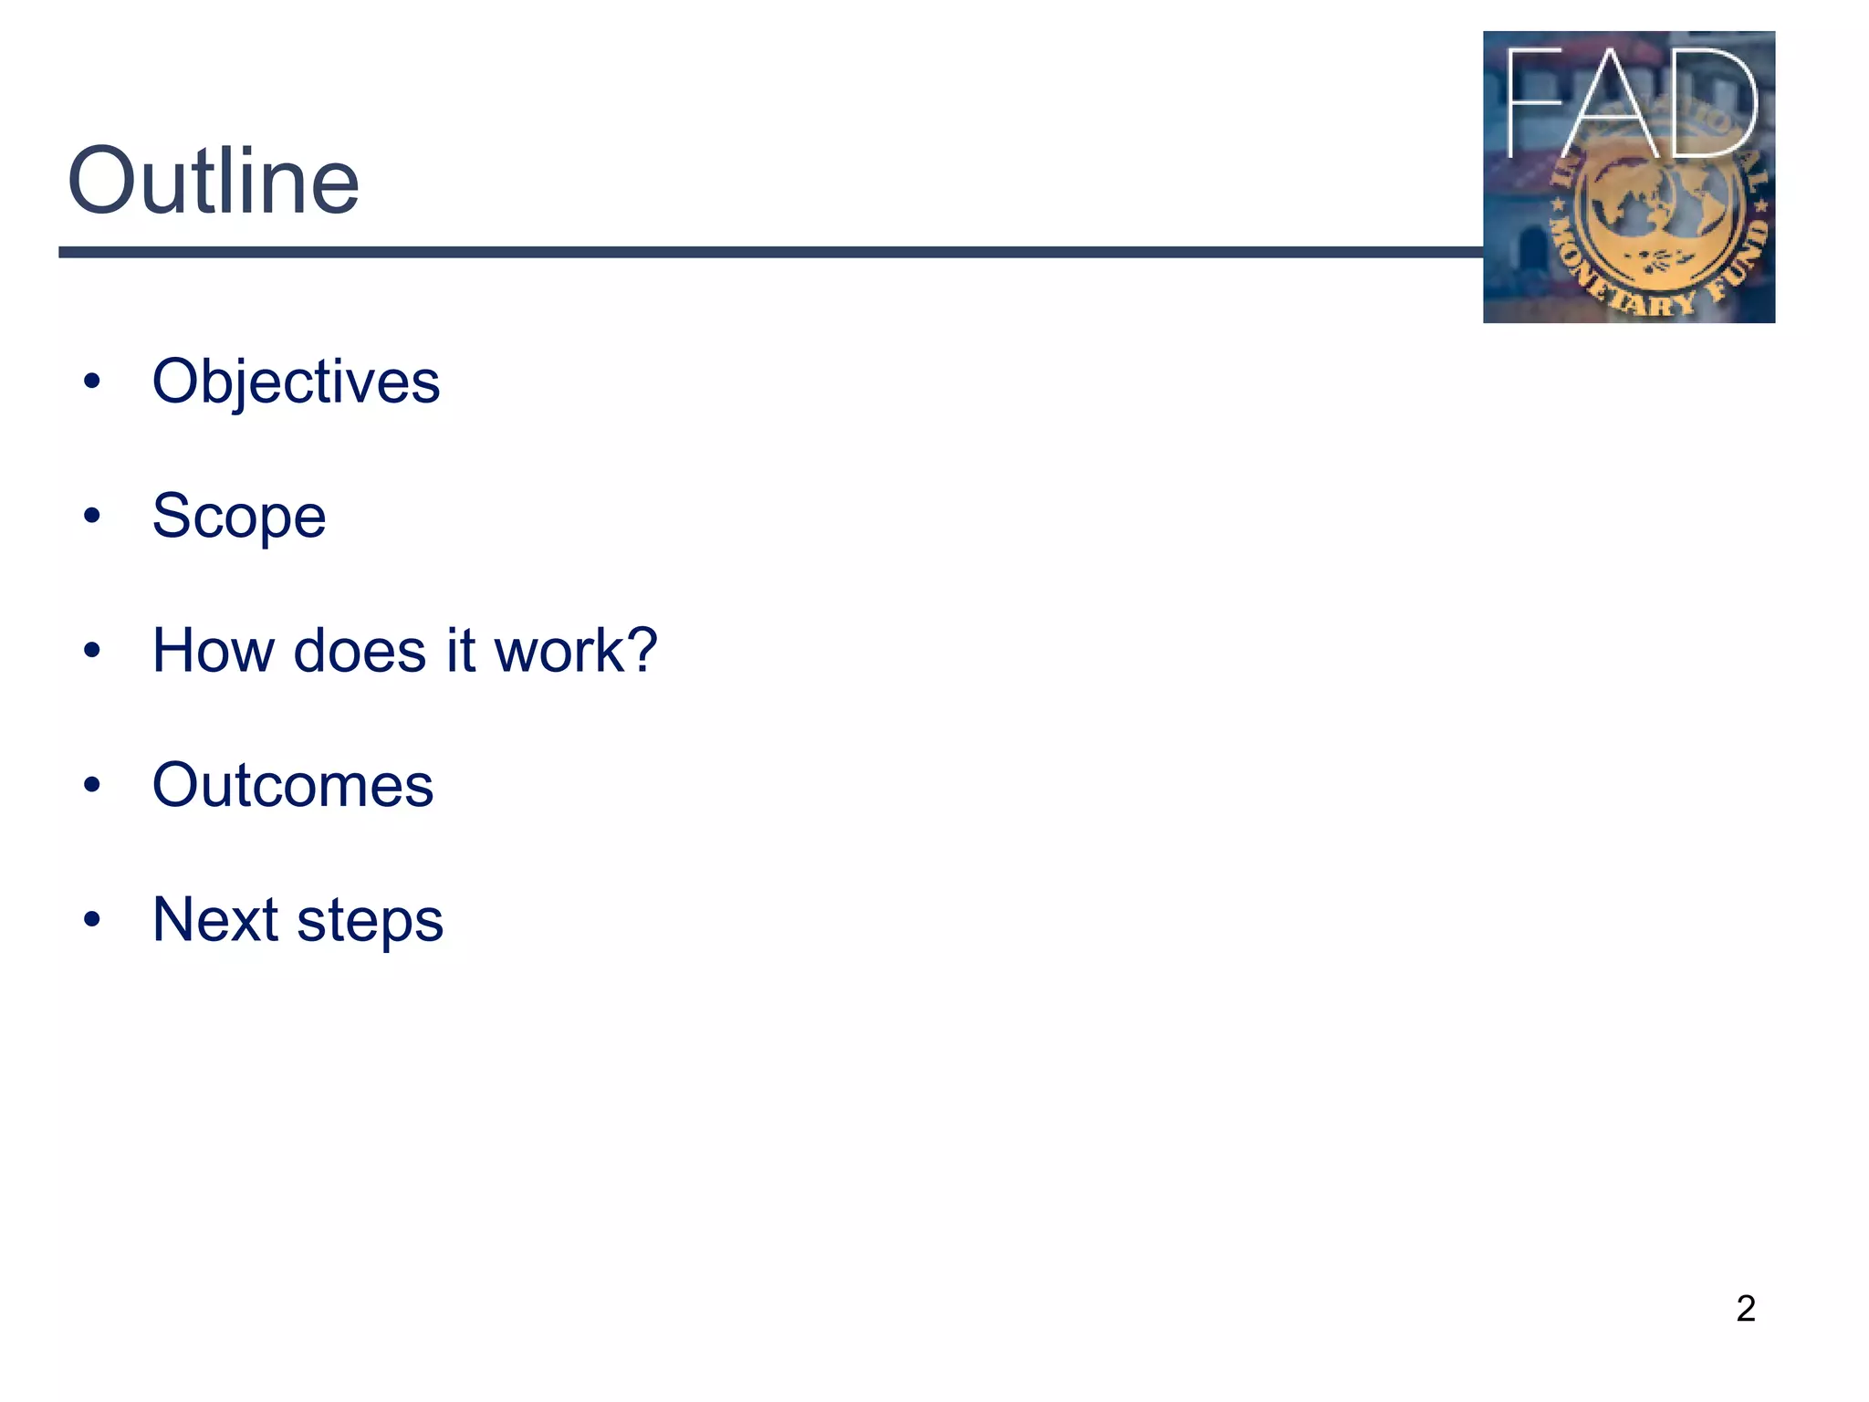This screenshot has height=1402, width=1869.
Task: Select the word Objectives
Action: click(x=296, y=382)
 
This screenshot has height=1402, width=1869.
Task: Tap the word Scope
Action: click(x=239, y=517)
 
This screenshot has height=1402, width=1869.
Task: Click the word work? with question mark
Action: click(x=575, y=651)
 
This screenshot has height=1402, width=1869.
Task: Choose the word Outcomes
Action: click(x=293, y=785)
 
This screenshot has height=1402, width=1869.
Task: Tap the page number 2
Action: click(x=1745, y=1309)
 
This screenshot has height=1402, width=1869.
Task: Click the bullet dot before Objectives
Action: click(x=91, y=382)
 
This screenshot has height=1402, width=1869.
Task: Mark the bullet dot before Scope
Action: click(x=91, y=517)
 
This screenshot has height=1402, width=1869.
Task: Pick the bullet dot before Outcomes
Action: click(x=91, y=785)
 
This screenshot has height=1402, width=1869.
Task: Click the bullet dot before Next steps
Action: click(x=91, y=919)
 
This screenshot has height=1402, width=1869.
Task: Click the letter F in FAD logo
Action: click(x=1533, y=102)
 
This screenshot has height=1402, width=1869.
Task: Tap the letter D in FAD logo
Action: click(x=1711, y=102)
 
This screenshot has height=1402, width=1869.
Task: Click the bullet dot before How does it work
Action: click(x=91, y=651)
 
